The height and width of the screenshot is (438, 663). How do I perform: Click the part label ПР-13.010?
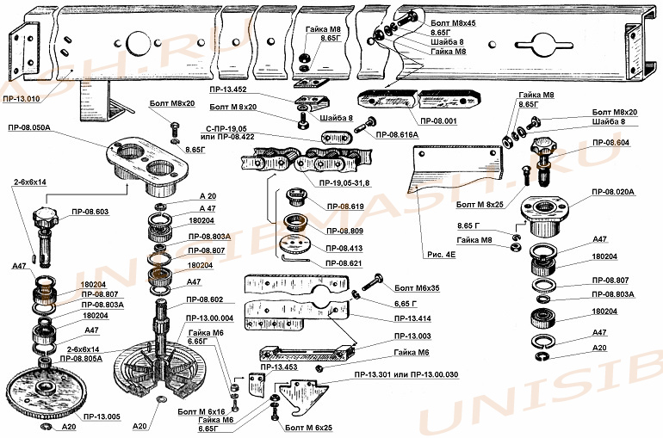point(22,99)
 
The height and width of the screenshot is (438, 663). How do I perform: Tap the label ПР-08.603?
point(90,211)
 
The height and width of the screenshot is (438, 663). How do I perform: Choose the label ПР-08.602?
point(205,299)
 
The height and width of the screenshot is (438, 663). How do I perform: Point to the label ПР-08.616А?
point(396,135)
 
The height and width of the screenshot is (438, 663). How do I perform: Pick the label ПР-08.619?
point(344,207)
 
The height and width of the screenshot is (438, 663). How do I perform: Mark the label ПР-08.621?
point(344,262)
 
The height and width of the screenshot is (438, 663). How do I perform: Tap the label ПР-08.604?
point(610,143)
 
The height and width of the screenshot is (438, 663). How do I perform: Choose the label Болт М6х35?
point(415,289)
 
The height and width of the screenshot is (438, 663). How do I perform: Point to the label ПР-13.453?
point(279,367)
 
